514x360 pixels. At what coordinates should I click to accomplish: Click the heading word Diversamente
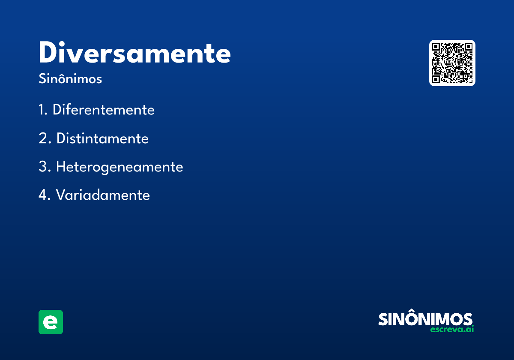click(x=134, y=52)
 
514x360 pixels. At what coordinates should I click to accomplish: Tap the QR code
click(x=452, y=63)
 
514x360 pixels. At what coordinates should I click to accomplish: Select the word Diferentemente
click(x=104, y=110)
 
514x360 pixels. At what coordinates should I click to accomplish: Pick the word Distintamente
click(x=102, y=138)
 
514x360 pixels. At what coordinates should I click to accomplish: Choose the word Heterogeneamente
click(x=120, y=167)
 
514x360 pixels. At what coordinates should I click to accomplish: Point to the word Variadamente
click(x=103, y=195)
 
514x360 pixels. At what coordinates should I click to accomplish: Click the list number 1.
click(x=43, y=110)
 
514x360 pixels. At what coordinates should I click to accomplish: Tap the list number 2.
click(x=45, y=138)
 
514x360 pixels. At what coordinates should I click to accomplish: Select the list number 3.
click(x=45, y=166)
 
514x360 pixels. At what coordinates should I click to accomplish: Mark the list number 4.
click(x=45, y=195)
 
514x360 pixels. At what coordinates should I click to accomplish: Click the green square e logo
click(x=51, y=322)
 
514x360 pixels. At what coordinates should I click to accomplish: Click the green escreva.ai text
click(x=452, y=329)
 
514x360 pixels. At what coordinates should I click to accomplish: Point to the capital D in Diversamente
click(x=48, y=52)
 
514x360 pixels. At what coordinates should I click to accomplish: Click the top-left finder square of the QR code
click(x=436, y=47)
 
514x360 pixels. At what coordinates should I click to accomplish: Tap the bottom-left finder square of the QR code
click(x=436, y=79)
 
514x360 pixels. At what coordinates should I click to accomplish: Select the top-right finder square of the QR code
click(x=468, y=47)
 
